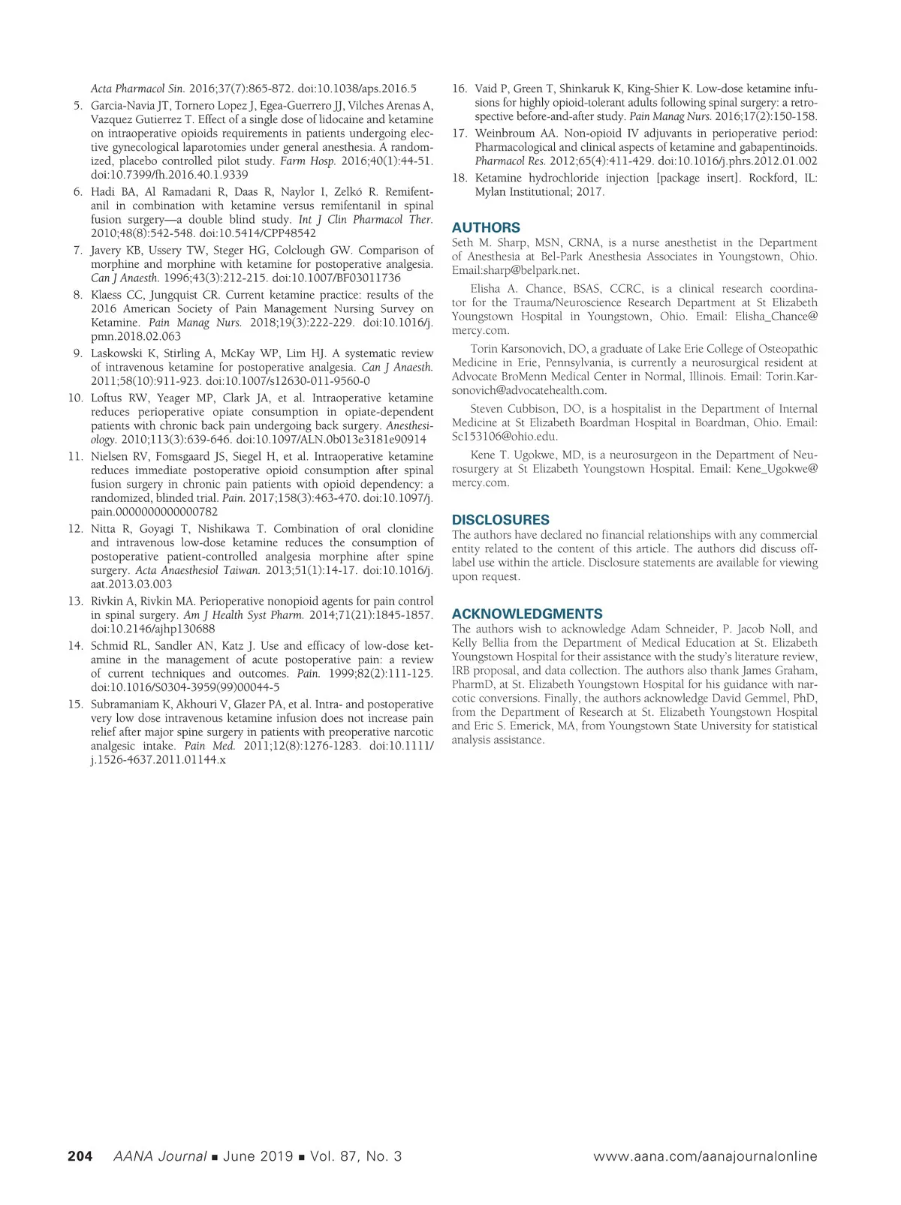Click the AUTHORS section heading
[486, 227]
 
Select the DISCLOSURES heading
[500, 519]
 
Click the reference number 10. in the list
[75, 398]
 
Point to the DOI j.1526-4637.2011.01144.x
[158, 759]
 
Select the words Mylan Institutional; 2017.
[539, 191]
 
